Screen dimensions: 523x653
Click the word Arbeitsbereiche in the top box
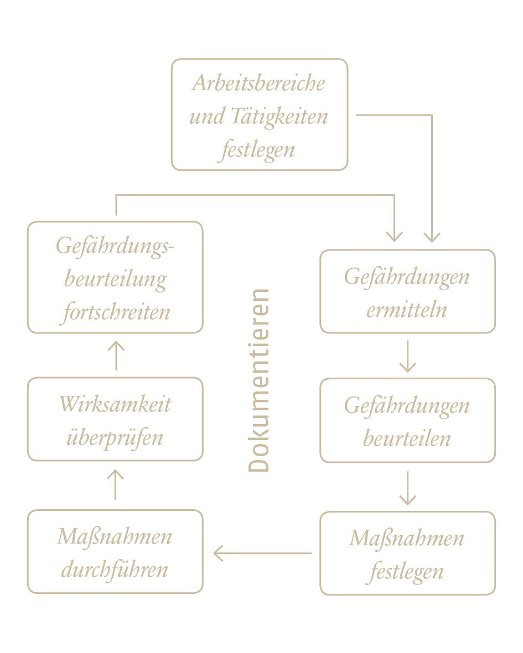coord(258,83)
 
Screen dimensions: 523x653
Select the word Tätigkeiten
coord(279,117)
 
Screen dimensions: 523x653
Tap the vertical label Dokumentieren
coord(259,380)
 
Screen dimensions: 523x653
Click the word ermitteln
coord(407,310)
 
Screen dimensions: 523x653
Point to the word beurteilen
coord(407,438)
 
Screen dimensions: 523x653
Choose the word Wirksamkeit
coord(115,404)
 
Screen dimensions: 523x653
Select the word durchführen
coord(115,570)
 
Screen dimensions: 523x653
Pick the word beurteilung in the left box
coord(116,279)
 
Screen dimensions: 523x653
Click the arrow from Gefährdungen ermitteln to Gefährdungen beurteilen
coord(407,357)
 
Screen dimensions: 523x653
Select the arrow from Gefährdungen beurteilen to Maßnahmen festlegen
coord(407,488)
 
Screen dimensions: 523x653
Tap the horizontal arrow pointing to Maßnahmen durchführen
coord(262,553)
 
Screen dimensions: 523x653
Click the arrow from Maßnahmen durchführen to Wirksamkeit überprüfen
coord(116,485)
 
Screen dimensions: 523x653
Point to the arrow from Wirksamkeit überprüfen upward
coord(116,356)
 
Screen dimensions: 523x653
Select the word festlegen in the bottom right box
coord(407,572)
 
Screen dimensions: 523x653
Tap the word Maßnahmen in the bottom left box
coord(115,537)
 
